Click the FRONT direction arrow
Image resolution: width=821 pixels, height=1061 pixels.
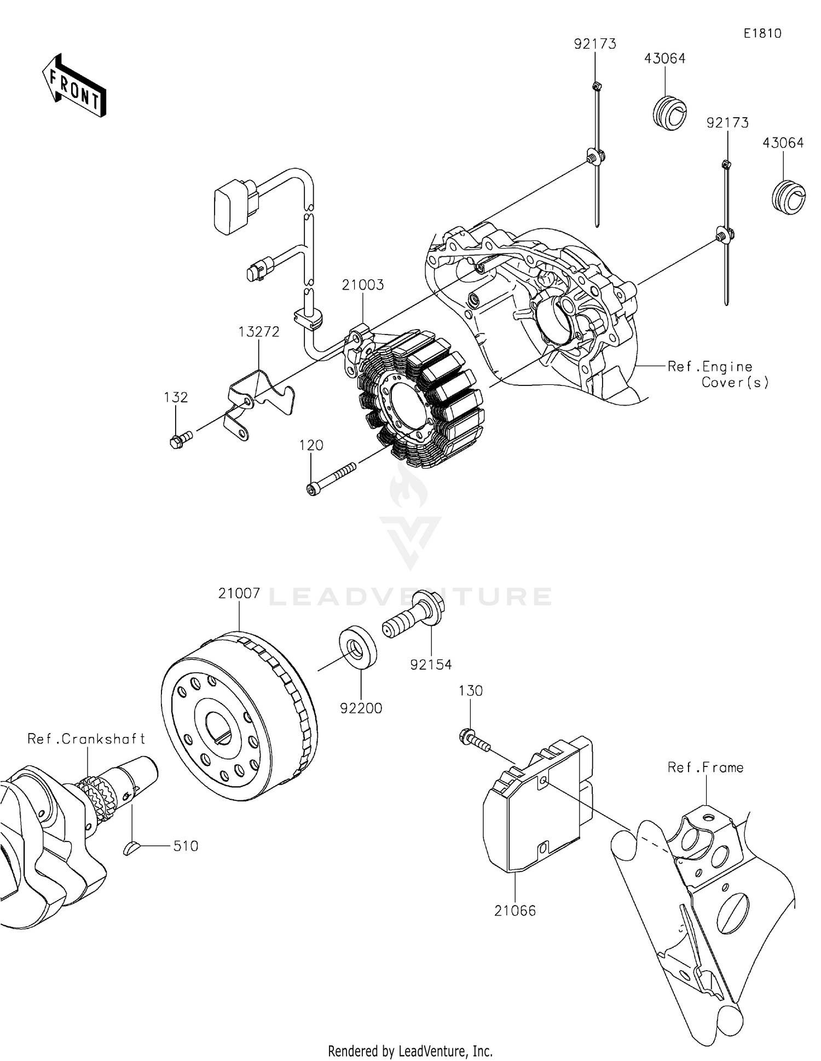(74, 86)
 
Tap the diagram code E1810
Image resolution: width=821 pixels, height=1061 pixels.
(762, 33)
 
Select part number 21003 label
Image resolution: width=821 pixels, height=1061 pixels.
(363, 285)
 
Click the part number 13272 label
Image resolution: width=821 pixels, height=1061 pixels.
(259, 332)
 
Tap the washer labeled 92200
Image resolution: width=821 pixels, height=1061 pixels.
(358, 648)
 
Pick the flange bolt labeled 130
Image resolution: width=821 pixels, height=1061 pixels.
(474, 741)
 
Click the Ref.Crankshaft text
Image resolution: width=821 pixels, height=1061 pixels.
(86, 739)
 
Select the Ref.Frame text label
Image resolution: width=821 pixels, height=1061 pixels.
(705, 768)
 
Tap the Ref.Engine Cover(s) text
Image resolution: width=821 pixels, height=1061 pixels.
(718, 374)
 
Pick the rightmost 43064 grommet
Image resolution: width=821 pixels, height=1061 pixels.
(788, 197)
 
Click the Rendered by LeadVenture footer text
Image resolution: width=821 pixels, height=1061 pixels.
(410, 1051)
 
